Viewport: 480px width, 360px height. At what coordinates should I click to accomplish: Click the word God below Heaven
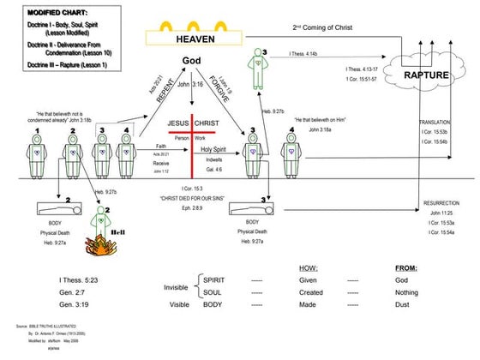pyautogui.click(x=191, y=61)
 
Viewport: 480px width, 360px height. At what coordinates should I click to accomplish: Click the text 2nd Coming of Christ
pyautogui.click(x=323, y=27)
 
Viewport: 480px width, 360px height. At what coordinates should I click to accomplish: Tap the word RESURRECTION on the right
pyautogui.click(x=442, y=203)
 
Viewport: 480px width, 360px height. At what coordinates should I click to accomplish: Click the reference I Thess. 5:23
pyautogui.click(x=77, y=279)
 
